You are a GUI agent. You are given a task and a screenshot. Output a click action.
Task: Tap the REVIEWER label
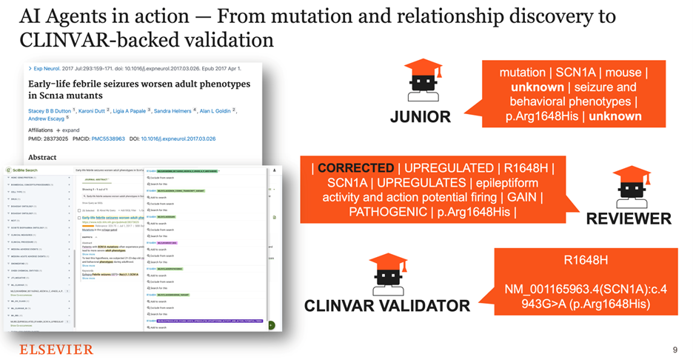tap(629, 219)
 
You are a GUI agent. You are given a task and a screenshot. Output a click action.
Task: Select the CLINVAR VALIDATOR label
tap(387, 306)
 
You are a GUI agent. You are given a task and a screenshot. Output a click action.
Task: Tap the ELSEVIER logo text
tap(56, 349)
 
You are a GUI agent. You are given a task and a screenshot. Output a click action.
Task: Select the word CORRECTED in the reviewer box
tap(352, 167)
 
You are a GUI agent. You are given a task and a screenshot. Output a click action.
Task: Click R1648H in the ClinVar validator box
tap(586, 261)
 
